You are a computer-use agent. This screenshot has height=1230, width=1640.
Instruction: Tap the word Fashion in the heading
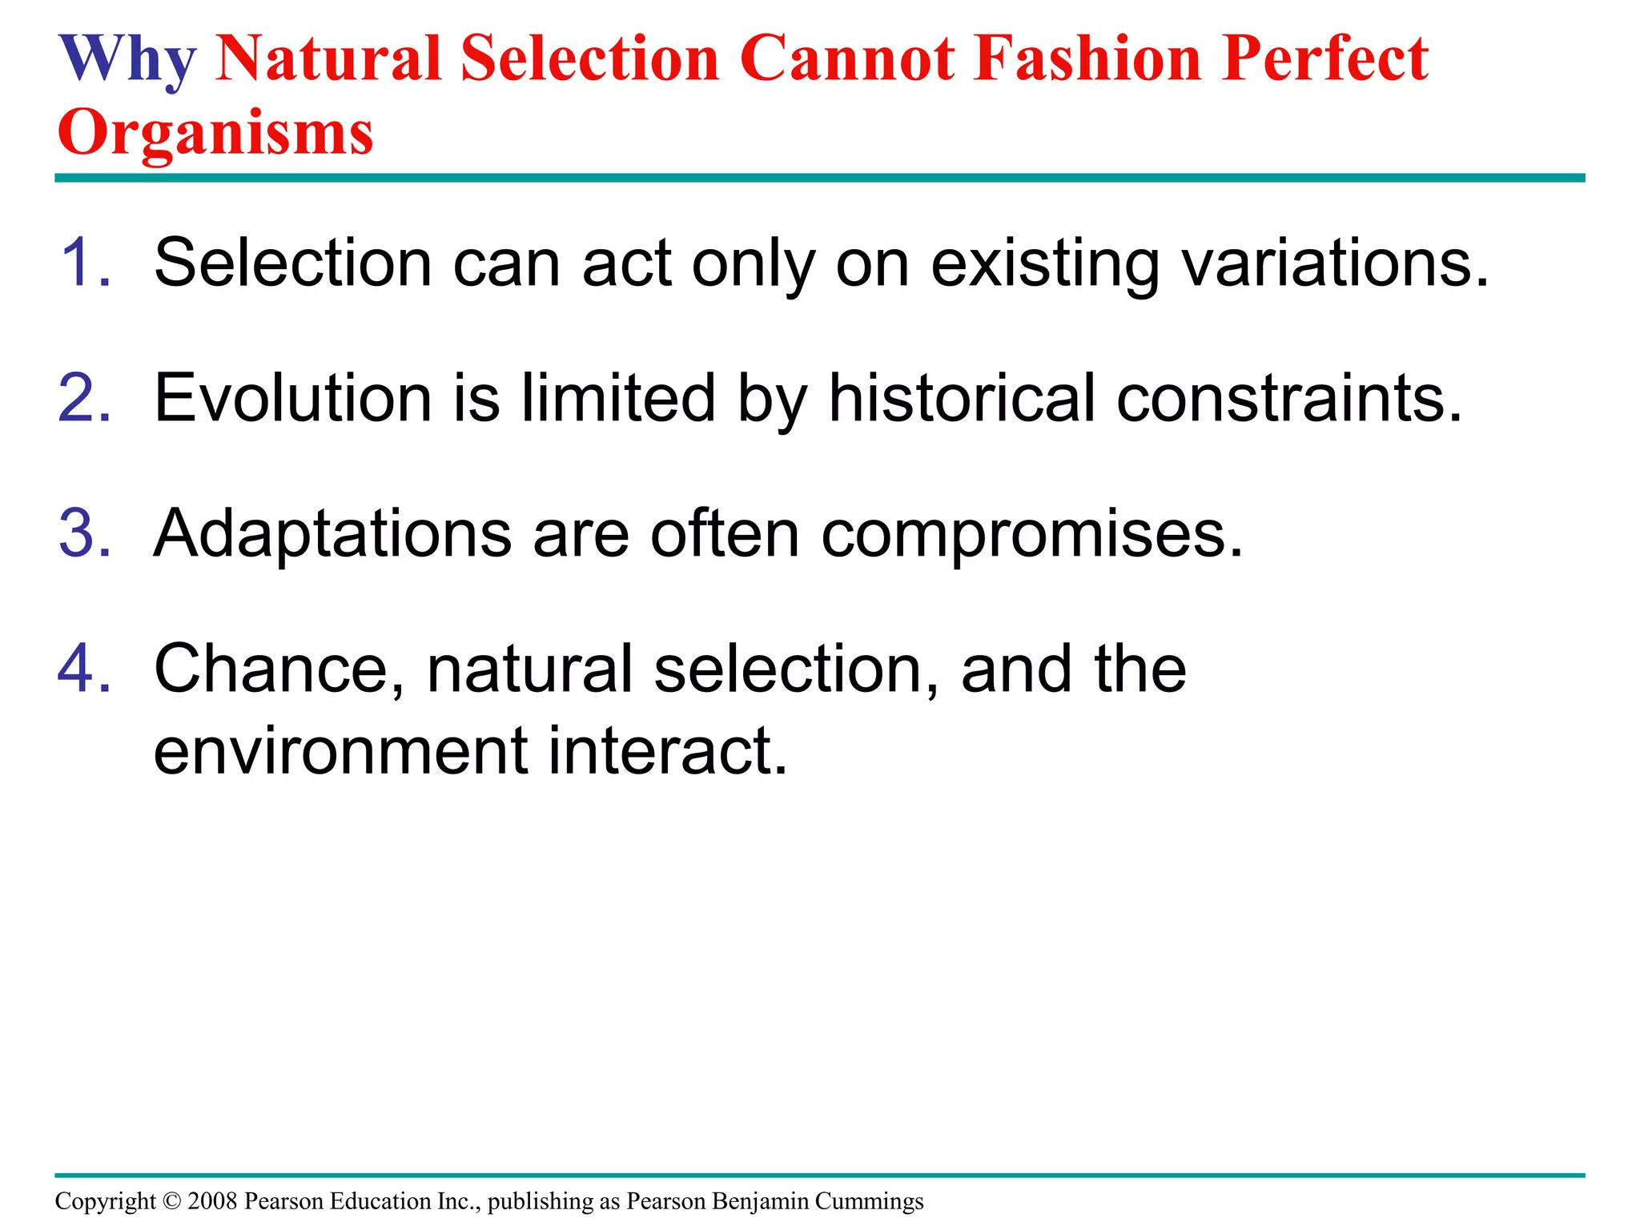pyautogui.click(x=1088, y=60)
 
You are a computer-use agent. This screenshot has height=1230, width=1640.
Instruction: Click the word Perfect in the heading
pyautogui.click(x=1325, y=60)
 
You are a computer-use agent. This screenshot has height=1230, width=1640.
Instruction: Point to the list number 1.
pyautogui.click(x=85, y=263)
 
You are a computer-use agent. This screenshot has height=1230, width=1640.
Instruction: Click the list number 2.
pyautogui.click(x=85, y=398)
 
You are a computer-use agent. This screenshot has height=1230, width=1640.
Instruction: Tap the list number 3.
pyautogui.click(x=85, y=533)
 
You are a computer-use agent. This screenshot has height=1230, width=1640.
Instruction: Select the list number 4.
pyautogui.click(x=85, y=669)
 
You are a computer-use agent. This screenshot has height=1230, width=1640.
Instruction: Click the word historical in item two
pyautogui.click(x=961, y=398)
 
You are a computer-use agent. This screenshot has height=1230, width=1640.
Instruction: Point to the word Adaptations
pyautogui.click(x=332, y=535)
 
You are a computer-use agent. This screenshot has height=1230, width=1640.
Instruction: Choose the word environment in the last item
pyautogui.click(x=340, y=750)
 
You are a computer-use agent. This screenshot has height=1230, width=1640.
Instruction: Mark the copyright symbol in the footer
pyautogui.click(x=171, y=1201)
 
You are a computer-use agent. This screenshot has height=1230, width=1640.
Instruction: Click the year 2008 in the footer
pyautogui.click(x=212, y=1201)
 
